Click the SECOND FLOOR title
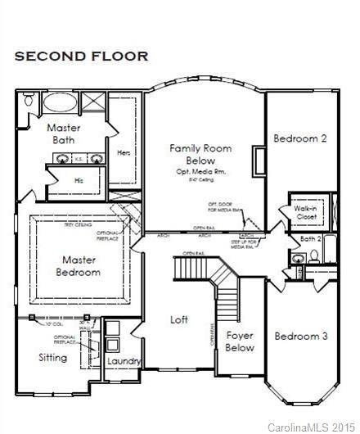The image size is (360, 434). tap(80, 56)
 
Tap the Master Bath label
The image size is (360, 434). tap(63, 134)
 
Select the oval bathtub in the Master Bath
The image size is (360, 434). tap(57, 103)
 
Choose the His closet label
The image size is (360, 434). tap(79, 179)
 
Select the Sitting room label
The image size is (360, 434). tap(53, 358)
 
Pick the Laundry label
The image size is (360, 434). tap(124, 361)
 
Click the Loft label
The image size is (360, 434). tap(179, 319)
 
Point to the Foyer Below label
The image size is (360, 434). tap(240, 341)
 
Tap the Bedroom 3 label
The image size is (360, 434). tap(300, 336)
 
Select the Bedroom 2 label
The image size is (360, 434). tap(299, 138)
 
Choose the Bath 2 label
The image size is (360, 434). tap(308, 239)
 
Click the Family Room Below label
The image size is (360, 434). tap(200, 155)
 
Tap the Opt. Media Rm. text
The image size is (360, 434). tap(201, 173)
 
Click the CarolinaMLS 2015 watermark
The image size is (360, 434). tap(313, 427)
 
